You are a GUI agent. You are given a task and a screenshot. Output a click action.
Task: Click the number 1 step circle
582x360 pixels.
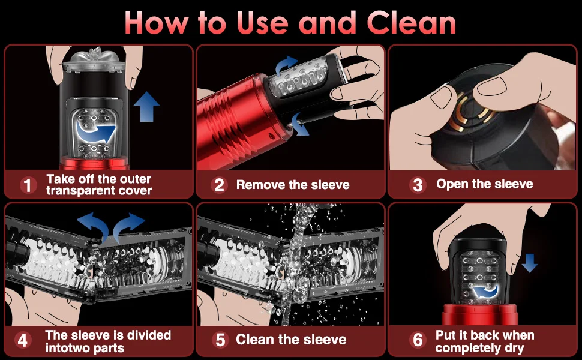[28, 185]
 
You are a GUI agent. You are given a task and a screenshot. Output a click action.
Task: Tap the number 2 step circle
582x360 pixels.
[220, 185]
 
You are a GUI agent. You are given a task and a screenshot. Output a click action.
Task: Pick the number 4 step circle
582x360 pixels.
[23, 341]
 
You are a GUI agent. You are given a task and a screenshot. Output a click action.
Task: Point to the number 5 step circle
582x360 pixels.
[220, 340]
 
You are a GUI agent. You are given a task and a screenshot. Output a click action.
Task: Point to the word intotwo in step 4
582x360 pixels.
[68, 348]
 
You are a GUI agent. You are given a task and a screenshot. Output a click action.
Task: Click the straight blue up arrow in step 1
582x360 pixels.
[146, 107]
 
